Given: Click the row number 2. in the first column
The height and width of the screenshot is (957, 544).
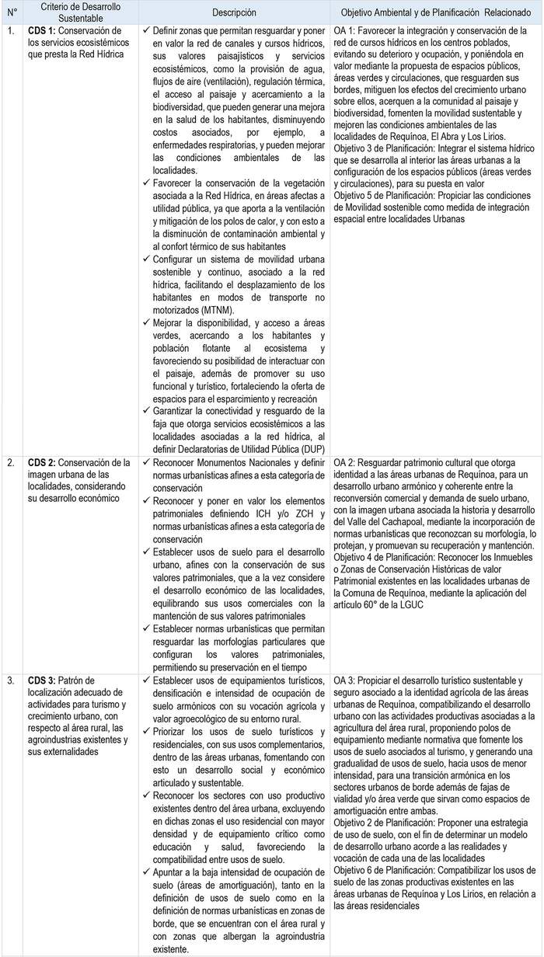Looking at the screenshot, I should [x=10, y=463].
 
